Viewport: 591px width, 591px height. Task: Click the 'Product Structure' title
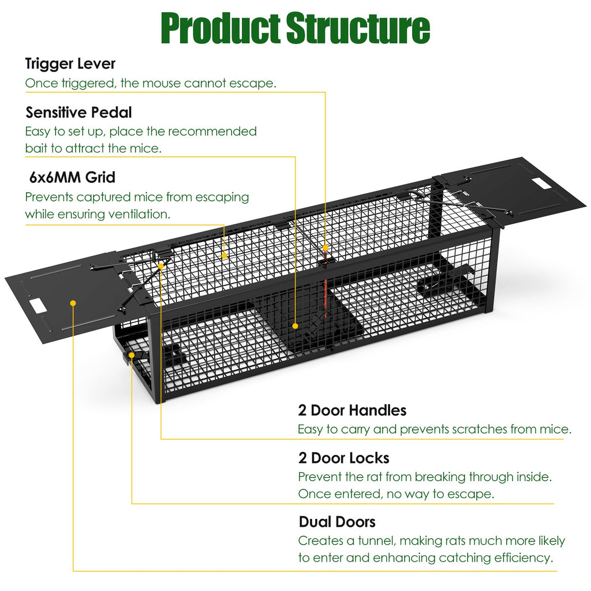pyautogui.click(x=295, y=27)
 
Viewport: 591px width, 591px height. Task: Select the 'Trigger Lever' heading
pyautogui.click(x=70, y=63)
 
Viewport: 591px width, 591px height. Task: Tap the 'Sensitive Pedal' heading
pyautogui.click(x=78, y=112)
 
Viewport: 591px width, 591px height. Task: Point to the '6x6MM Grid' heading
pyautogui.click(x=73, y=176)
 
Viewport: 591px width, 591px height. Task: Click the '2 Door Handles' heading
pyautogui.click(x=352, y=410)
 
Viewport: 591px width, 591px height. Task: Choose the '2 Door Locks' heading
pyautogui.click(x=343, y=458)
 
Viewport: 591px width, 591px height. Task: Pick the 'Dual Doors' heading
pyautogui.click(x=337, y=522)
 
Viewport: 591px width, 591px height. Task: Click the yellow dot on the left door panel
pyautogui.click(x=73, y=302)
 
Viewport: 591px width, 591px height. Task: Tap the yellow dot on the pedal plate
pyautogui.click(x=295, y=326)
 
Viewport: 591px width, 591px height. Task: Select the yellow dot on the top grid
pyautogui.click(x=224, y=255)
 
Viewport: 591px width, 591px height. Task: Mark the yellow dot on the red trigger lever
pyautogui.click(x=326, y=248)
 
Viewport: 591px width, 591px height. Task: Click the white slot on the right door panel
pyautogui.click(x=541, y=183)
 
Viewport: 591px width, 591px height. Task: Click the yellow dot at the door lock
pyautogui.click(x=133, y=354)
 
